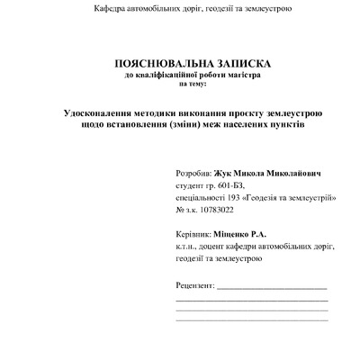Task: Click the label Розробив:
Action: click(194, 171)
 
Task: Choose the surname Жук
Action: click(224, 171)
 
